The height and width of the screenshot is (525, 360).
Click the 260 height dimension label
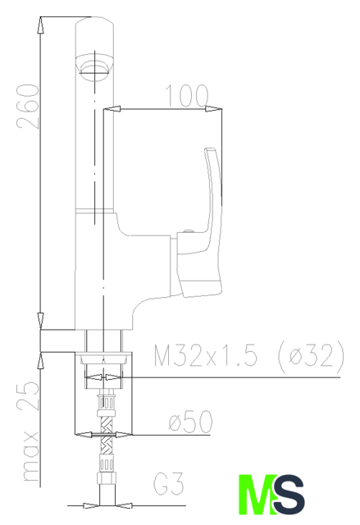[28, 107]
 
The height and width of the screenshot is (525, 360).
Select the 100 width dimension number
[187, 95]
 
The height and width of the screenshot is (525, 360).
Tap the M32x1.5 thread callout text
[206, 354]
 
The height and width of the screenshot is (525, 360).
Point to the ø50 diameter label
[190, 421]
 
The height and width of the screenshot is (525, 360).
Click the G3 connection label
[169, 483]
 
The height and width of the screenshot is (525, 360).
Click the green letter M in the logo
[257, 494]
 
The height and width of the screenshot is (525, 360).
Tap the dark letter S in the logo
[289, 494]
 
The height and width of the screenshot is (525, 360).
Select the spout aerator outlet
[94, 68]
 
